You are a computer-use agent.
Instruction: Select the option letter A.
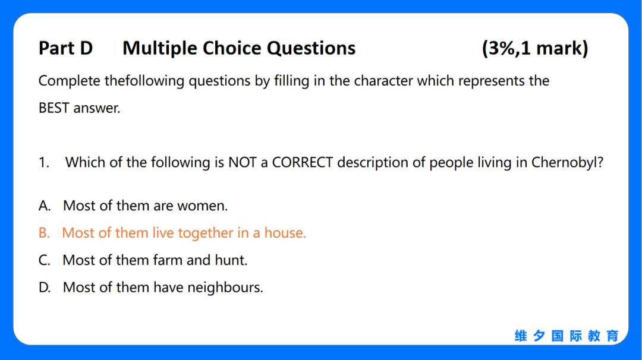(x=44, y=206)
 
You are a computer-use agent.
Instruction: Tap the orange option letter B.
(x=43, y=233)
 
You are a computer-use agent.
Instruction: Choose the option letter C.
(x=44, y=260)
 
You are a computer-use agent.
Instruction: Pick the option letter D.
(x=44, y=288)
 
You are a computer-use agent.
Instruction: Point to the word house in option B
(x=285, y=233)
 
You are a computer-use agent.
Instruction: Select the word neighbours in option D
(x=225, y=288)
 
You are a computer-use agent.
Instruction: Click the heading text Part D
(x=65, y=48)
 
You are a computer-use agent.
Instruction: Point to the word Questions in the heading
(x=311, y=49)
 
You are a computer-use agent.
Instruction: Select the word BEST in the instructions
(x=53, y=108)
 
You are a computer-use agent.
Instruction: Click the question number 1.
(x=43, y=163)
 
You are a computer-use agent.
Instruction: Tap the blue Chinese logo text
(x=567, y=336)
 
